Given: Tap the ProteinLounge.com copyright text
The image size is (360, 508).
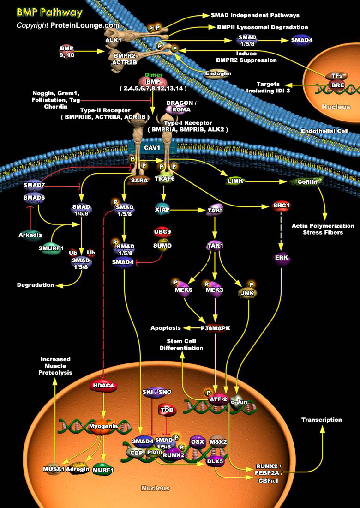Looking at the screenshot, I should click(68, 25).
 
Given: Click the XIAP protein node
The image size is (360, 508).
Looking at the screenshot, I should click(162, 210).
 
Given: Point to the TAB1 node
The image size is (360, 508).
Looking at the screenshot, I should click(215, 210).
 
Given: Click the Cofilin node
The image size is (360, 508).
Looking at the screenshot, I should click(307, 181).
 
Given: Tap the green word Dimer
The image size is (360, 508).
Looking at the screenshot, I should click(154, 74).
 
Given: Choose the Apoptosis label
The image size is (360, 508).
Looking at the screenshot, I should click(165, 328).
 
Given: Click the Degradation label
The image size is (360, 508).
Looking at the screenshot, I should click(36, 285).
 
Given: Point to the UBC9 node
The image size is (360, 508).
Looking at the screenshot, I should click(162, 231).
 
